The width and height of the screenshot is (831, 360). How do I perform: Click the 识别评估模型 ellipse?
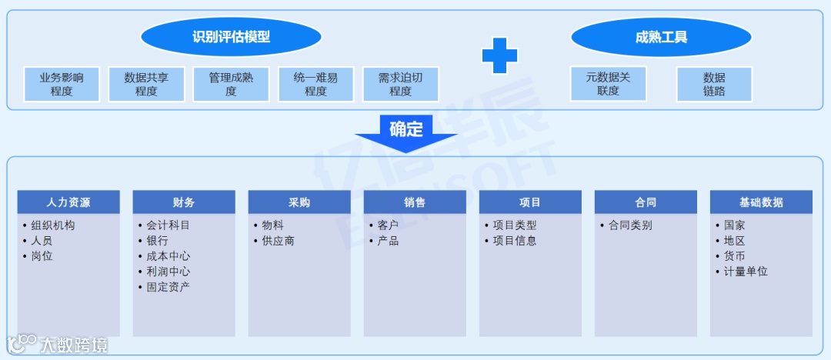click(x=231, y=37)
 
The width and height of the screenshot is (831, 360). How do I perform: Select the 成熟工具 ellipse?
click(x=661, y=37)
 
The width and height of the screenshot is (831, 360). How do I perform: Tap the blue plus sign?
click(x=499, y=55)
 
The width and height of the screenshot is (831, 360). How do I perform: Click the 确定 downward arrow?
click(x=405, y=133)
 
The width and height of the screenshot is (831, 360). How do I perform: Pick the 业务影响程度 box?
click(x=62, y=84)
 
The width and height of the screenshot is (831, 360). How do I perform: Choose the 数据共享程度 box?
click(x=146, y=84)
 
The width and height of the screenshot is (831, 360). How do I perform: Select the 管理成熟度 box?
click(x=231, y=84)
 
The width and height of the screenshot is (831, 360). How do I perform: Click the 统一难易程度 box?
click(x=315, y=84)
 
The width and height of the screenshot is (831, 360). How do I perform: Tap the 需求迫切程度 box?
click(x=400, y=84)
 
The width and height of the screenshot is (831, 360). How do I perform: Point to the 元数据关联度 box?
click(x=608, y=84)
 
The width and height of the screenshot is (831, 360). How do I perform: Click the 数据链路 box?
click(x=714, y=84)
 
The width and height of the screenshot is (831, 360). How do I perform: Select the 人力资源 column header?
click(x=68, y=202)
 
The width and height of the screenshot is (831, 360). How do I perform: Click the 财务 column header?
click(x=184, y=202)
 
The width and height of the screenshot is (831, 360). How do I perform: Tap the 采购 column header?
click(x=299, y=202)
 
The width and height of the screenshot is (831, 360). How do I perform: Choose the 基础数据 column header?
click(x=761, y=202)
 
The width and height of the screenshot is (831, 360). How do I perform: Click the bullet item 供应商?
click(x=278, y=241)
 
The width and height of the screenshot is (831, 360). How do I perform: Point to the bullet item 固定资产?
click(x=168, y=287)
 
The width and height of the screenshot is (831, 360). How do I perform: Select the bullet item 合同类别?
click(x=629, y=225)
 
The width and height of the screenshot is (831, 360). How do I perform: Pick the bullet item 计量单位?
click(x=745, y=272)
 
